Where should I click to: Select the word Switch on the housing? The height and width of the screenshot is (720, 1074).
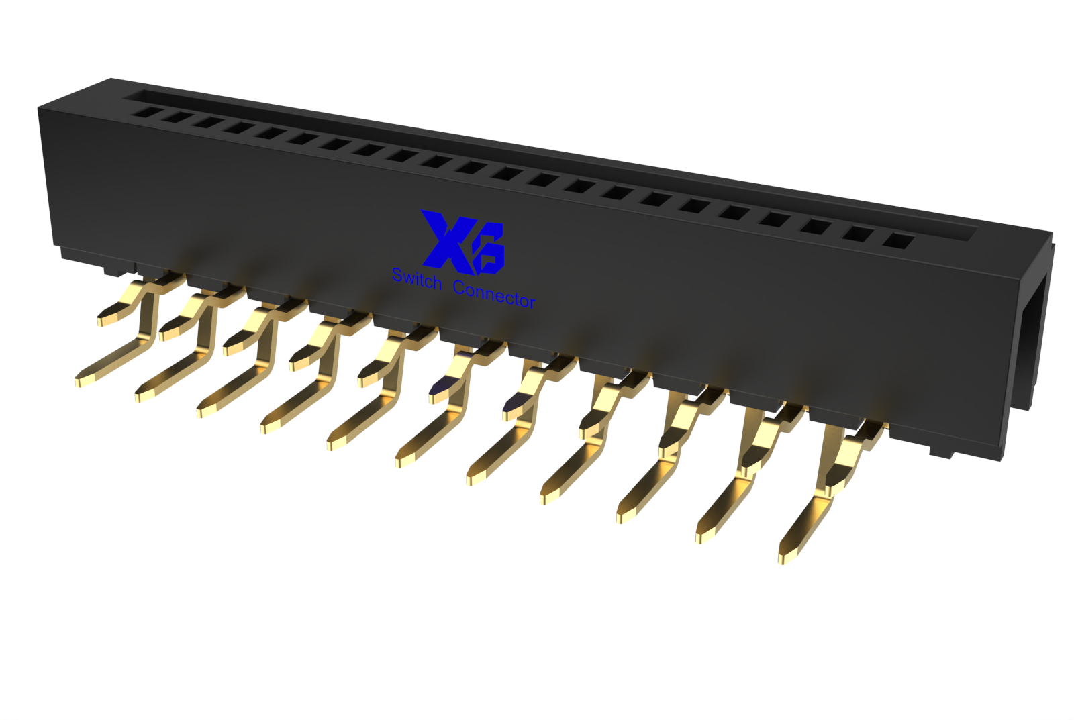click(417, 279)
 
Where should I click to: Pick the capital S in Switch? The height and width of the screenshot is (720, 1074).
click(398, 274)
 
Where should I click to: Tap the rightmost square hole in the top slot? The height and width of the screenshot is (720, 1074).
click(897, 240)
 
